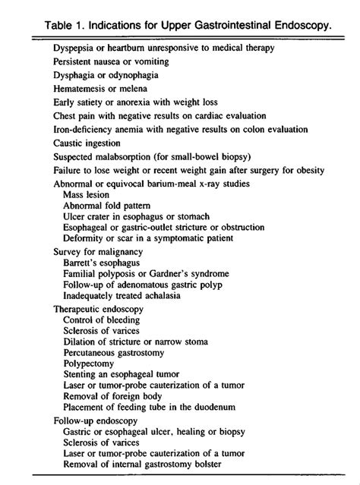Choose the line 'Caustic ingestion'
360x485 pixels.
[x=87, y=142]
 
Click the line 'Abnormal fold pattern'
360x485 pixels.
[x=106, y=206]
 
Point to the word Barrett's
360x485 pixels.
[x=83, y=262]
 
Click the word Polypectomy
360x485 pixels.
[x=90, y=364]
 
